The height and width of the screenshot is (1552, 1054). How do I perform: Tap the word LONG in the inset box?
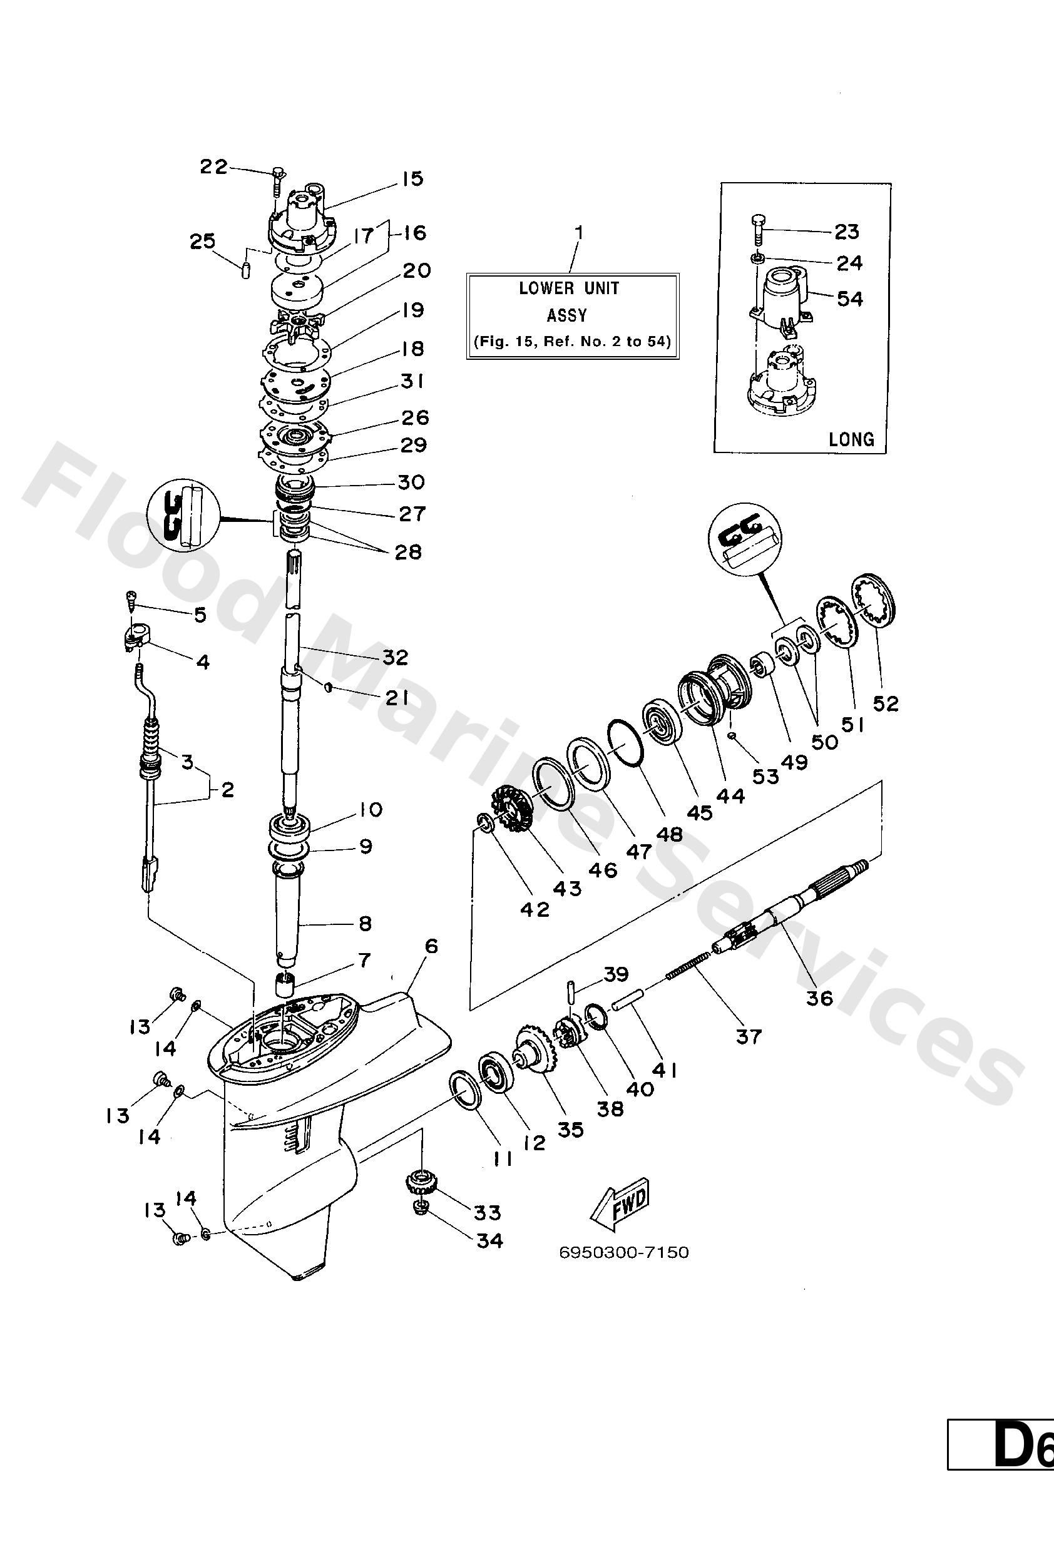(x=851, y=439)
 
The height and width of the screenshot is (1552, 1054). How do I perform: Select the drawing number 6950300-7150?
(x=624, y=1252)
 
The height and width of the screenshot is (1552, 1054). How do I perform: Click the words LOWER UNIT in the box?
(x=569, y=288)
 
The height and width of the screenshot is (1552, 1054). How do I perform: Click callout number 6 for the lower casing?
(x=431, y=946)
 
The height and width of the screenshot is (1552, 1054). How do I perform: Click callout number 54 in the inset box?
(x=849, y=299)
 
